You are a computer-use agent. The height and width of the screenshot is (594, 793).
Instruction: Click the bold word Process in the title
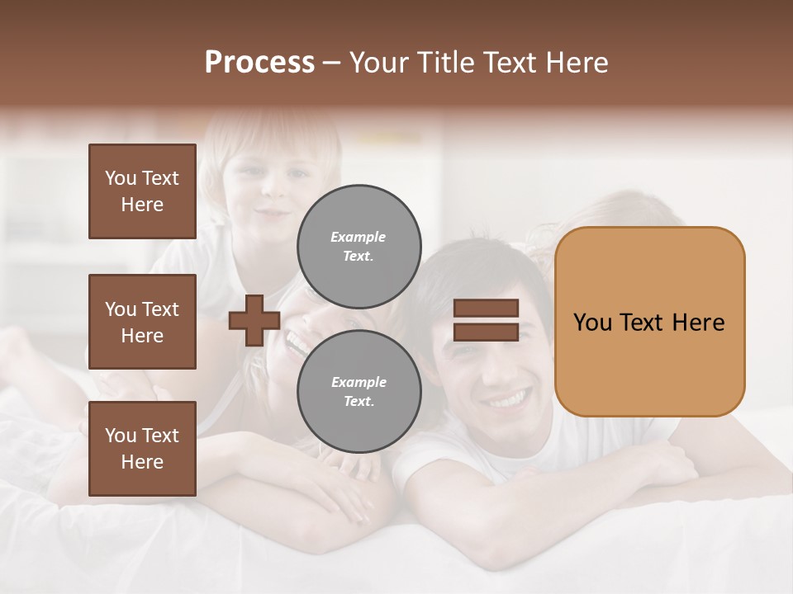click(x=259, y=63)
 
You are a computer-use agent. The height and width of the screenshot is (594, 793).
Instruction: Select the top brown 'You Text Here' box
click(x=142, y=191)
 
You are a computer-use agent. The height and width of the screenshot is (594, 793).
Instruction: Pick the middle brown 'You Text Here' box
click(x=142, y=322)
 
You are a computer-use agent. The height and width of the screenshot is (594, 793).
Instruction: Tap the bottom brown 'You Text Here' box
click(x=142, y=449)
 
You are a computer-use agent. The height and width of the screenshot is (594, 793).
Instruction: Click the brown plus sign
click(x=254, y=320)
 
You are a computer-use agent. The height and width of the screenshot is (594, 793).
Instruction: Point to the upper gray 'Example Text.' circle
click(x=359, y=246)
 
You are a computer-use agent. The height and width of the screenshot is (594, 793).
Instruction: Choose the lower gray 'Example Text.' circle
click(x=359, y=391)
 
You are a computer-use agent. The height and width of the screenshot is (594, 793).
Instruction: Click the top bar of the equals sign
click(x=487, y=308)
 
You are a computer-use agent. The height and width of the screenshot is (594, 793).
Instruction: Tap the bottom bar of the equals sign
click(x=487, y=332)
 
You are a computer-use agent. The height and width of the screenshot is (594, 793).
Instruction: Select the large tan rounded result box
click(x=649, y=322)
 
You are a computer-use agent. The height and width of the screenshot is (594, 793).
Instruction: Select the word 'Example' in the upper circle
click(x=359, y=237)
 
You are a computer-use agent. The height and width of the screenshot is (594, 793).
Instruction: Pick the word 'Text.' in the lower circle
click(x=359, y=402)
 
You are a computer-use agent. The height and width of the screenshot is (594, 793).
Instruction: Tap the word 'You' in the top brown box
click(x=121, y=178)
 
